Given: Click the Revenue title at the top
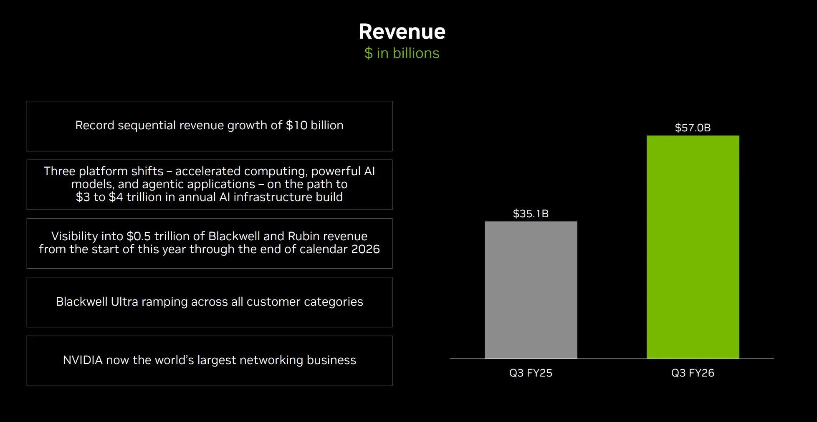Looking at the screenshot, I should coord(402,32).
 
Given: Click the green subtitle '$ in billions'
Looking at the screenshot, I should coord(402,53).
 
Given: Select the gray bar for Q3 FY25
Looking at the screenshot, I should coord(531,290).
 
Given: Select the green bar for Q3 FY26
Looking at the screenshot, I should coord(693,247).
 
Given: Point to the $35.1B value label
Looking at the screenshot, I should coord(531,214).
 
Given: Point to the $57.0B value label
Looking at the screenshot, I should coord(693,128).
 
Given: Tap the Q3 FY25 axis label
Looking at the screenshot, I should coord(531,373).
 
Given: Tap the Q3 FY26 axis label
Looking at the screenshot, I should coord(693,373).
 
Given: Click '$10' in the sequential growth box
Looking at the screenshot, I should coord(296,126).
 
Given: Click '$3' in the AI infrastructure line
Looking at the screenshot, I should coord(83,197).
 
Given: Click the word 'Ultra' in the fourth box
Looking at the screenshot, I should coord(124,302).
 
